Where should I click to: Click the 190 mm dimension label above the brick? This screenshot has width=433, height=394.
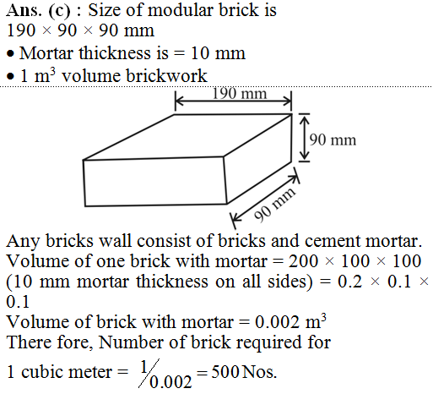[240, 94]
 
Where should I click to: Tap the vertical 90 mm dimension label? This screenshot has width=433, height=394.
[333, 140]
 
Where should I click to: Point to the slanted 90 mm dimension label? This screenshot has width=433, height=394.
[274, 204]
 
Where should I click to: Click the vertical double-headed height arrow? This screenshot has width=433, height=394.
[304, 138]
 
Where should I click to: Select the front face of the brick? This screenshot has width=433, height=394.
[154, 182]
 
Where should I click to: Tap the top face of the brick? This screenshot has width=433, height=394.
[187, 137]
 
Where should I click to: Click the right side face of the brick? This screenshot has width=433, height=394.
[258, 158]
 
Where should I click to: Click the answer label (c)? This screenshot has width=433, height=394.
[59, 11]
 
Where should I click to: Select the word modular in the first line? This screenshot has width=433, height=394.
[181, 10]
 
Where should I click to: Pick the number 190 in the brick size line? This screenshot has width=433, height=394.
[21, 30]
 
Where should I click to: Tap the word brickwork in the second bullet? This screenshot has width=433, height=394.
[166, 76]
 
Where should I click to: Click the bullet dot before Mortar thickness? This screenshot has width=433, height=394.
[10, 54]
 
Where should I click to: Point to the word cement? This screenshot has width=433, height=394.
[333, 241]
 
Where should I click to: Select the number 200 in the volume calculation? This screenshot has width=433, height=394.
[303, 261]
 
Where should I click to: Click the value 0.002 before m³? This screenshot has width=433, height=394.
[277, 322]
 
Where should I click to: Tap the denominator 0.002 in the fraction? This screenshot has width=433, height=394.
[170, 382]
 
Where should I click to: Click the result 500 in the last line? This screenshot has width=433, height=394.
[225, 372]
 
